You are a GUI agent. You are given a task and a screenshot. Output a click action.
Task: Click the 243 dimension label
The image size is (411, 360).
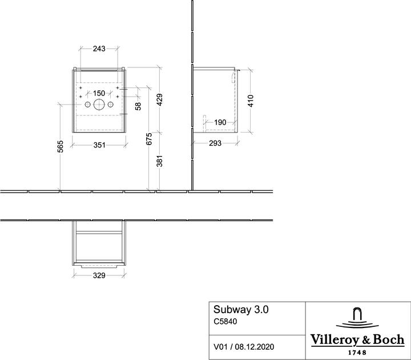click(99, 49)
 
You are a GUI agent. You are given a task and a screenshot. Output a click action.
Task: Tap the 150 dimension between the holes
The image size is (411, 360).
click(99, 93)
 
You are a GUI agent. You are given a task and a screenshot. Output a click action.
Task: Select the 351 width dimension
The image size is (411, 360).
click(99, 145)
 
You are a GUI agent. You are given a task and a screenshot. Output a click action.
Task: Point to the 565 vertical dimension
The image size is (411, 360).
click(61, 146)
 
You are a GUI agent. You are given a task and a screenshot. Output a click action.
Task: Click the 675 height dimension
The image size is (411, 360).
click(149, 139)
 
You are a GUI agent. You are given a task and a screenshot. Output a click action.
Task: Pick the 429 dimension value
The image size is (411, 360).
click(160, 99)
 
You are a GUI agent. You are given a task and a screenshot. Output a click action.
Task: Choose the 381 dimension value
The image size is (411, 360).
click(160, 161)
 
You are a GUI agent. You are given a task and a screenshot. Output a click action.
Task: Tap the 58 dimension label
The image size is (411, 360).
click(138, 106)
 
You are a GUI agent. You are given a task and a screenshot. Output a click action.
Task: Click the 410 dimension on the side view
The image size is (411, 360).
click(251, 101)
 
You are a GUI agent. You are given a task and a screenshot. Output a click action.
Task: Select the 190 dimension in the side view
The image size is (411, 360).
click(220, 122)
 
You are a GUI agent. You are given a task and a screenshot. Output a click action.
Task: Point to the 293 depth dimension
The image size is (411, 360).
click(215, 143)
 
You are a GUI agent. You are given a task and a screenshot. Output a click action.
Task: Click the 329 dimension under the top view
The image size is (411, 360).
click(99, 275)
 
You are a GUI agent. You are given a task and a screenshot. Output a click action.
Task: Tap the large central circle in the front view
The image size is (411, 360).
click(99, 105)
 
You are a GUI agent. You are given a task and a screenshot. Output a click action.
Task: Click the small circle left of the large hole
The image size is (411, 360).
click(87, 105)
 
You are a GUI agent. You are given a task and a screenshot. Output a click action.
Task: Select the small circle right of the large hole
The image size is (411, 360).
click(110, 105)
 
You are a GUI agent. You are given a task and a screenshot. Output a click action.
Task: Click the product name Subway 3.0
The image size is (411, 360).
click(241, 310)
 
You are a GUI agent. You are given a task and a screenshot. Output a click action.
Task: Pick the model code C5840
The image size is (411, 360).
click(225, 321)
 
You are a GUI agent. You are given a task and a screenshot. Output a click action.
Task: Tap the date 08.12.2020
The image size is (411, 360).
click(255, 347)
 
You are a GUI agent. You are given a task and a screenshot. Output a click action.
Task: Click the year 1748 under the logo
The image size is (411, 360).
click(357, 353)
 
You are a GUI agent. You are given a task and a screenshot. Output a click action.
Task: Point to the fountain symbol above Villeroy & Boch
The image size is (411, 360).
click(357, 318)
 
